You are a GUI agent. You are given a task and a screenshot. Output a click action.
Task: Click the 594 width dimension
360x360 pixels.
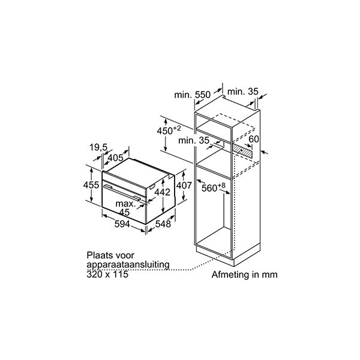pyautogui.click(x=122, y=224)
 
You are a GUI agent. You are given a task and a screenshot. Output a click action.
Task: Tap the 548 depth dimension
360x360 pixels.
pyautogui.click(x=163, y=224)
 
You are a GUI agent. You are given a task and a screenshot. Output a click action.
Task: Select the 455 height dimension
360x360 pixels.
pyautogui.click(x=91, y=185)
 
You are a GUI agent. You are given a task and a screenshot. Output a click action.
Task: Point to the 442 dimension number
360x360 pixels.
pyautogui.click(x=163, y=193)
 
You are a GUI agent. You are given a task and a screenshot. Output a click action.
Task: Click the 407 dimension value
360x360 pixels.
pyautogui.click(x=184, y=185)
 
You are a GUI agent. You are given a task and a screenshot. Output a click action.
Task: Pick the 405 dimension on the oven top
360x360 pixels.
pyautogui.click(x=115, y=158)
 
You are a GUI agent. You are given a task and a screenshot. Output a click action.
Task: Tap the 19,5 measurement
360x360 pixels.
pyautogui.click(x=98, y=147)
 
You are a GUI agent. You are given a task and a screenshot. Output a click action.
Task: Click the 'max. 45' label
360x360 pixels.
pyautogui.click(x=125, y=208)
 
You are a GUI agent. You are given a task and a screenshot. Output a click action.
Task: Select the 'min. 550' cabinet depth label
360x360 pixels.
pyautogui.click(x=192, y=95)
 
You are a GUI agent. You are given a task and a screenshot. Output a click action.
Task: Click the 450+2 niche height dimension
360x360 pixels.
pyautogui.click(x=169, y=130)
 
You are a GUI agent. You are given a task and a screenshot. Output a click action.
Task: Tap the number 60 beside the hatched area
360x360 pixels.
pyautogui.click(x=254, y=139)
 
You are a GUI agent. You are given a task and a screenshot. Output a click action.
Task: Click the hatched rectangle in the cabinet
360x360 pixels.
pyautogui.click(x=242, y=150)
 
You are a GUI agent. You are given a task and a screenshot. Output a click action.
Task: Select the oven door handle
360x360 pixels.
pyautogui.click(x=122, y=193)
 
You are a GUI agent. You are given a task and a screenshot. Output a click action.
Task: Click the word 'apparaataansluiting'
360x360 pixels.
pyautogui.click(x=128, y=265)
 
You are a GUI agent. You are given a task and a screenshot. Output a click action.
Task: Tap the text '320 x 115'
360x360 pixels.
pyautogui.click(x=107, y=274)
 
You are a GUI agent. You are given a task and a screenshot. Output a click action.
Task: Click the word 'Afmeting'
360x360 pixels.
pyautogui.click(x=230, y=275)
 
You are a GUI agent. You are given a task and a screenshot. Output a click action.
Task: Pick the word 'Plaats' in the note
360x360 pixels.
pyautogui.click(x=99, y=256)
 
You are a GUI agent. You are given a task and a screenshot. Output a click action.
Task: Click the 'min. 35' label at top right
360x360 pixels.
pyautogui.click(x=243, y=92)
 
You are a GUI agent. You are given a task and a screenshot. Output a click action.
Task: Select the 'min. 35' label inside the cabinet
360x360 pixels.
pyautogui.click(x=194, y=140)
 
